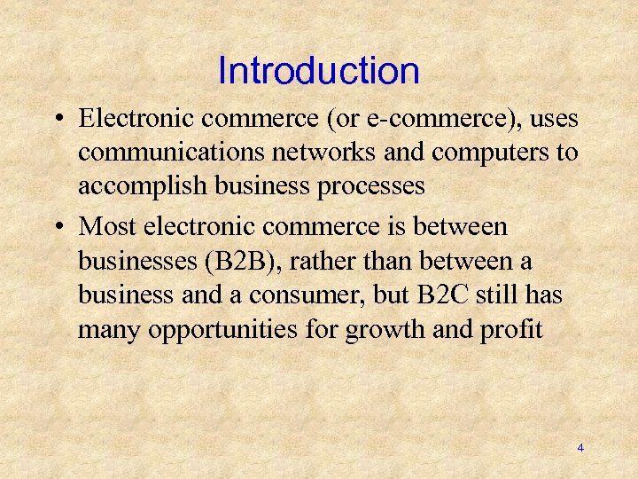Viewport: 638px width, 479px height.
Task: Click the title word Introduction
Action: pyautogui.click(x=318, y=71)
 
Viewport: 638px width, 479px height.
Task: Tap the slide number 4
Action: pyautogui.click(x=580, y=448)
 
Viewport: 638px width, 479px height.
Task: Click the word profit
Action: pyautogui.click(x=510, y=331)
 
